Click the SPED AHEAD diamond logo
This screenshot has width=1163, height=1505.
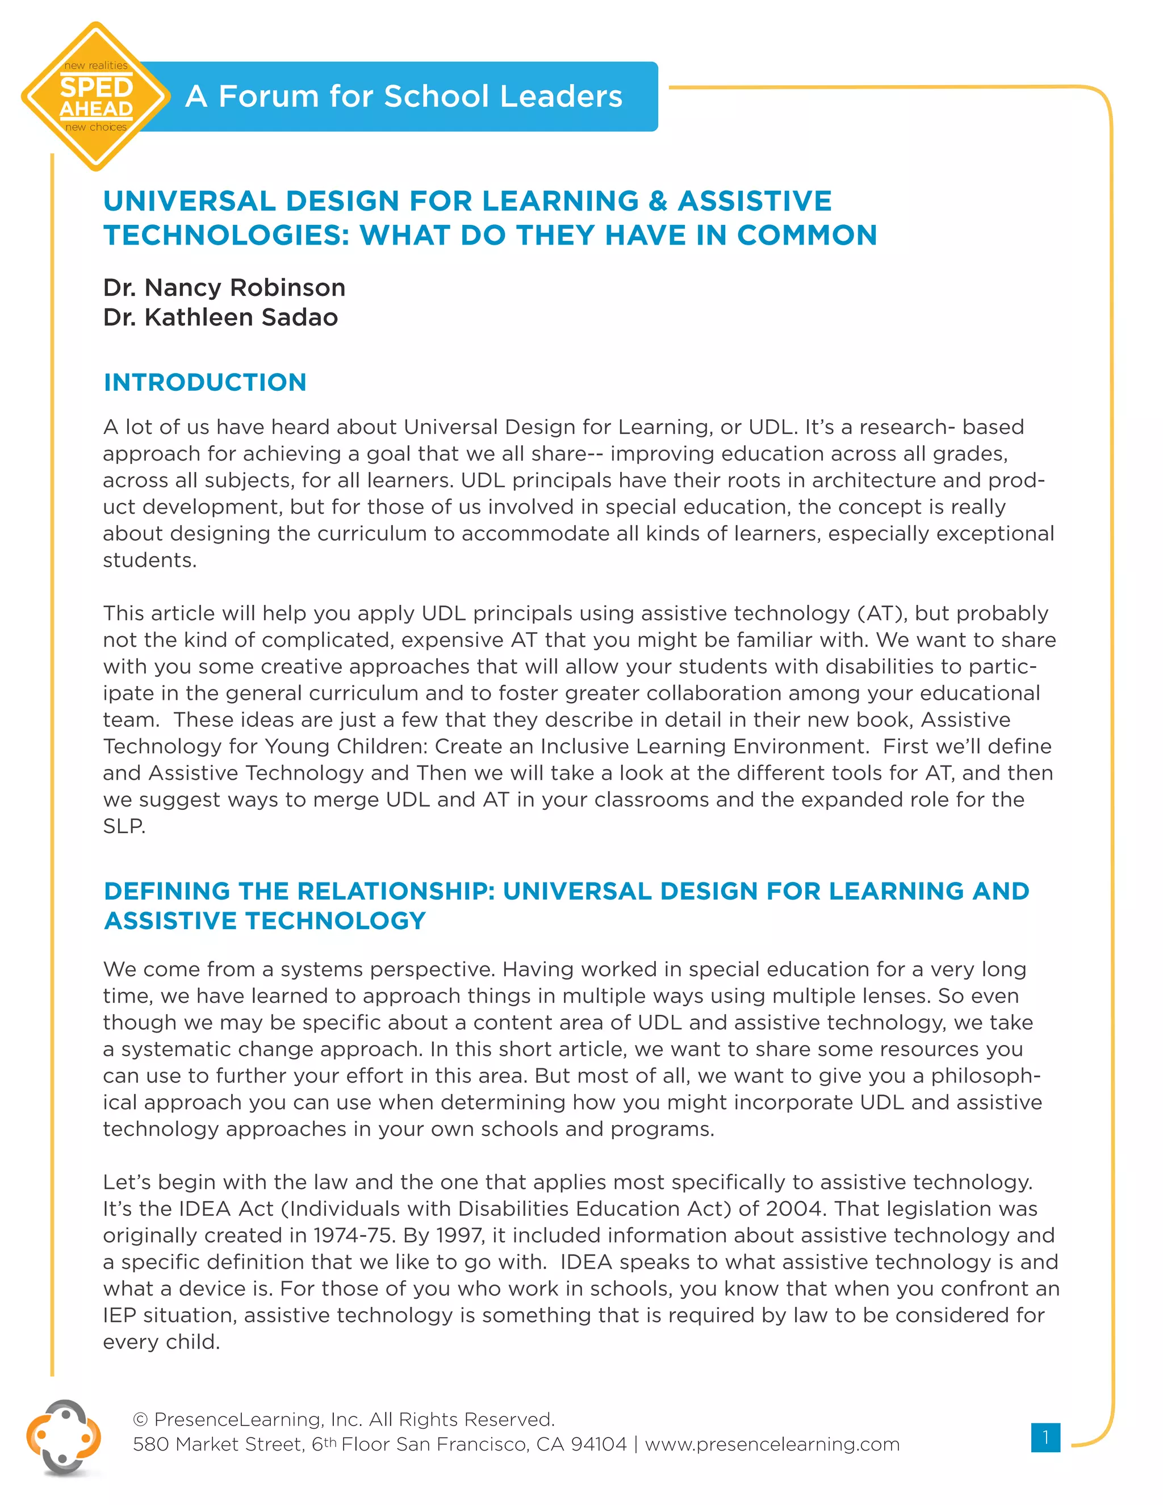pyautogui.click(x=96, y=97)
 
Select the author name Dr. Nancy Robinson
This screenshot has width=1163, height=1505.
pyautogui.click(x=224, y=287)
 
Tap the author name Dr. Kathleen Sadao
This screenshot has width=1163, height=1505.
pyautogui.click(x=220, y=317)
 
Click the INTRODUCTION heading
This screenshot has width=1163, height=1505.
pyautogui.click(x=204, y=382)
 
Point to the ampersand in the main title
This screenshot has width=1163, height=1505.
pyautogui.click(x=658, y=201)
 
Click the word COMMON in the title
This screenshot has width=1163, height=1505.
pyautogui.click(x=807, y=236)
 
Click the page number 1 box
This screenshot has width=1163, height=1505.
pyautogui.click(x=1045, y=1437)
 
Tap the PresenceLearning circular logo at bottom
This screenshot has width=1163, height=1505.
pyautogui.click(x=64, y=1438)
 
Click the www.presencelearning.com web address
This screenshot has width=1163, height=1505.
pyautogui.click(x=772, y=1444)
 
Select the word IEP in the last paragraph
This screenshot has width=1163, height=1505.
pyautogui.click(x=119, y=1315)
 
